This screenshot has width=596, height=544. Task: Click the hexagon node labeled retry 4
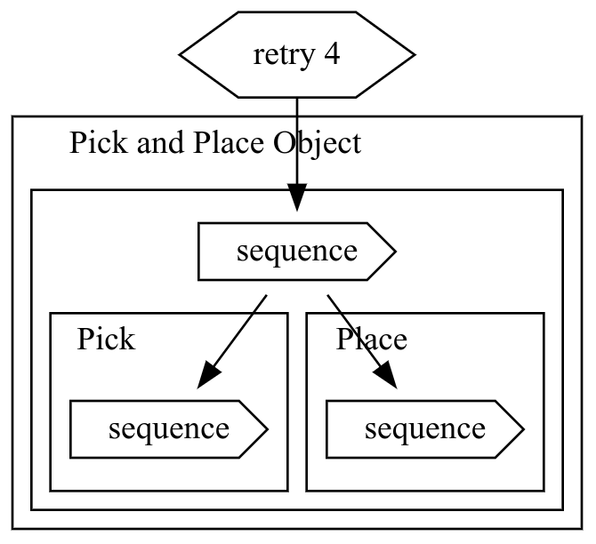coord(297,55)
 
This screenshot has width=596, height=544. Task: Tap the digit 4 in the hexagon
coord(332,55)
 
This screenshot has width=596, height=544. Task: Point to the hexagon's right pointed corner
coord(414,55)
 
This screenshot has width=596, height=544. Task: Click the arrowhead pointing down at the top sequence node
coord(297,197)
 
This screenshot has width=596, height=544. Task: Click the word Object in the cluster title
coord(317,143)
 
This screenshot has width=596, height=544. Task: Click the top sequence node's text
coord(297,252)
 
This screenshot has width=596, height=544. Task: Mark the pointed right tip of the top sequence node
coord(394,252)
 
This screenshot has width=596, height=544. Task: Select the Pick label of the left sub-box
coord(106,340)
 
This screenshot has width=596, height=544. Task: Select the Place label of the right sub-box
coord(372,340)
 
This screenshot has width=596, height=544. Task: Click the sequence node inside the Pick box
coord(169,429)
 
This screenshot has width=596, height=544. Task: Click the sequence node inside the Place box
coord(425,429)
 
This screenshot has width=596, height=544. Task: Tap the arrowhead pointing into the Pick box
coord(207,374)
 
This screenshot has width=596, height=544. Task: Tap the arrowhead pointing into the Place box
coord(386,374)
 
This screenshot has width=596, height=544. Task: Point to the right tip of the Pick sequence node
coord(267,429)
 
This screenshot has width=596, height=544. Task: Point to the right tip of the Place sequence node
coord(523,429)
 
